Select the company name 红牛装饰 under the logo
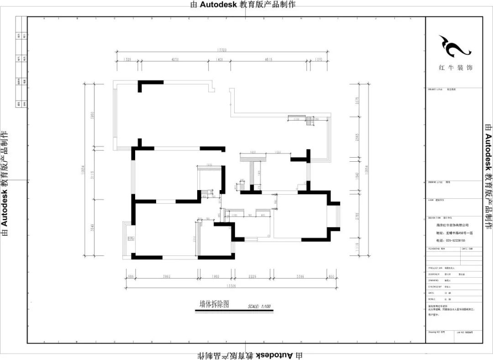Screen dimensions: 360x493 [x=455, y=68]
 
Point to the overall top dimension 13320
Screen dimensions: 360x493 [x=222, y=50]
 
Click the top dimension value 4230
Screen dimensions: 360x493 [x=174, y=60]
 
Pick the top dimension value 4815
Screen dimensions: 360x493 [x=268, y=60]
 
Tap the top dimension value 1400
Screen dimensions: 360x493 [x=219, y=60]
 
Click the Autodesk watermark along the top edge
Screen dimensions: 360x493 [x=242, y=5]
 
